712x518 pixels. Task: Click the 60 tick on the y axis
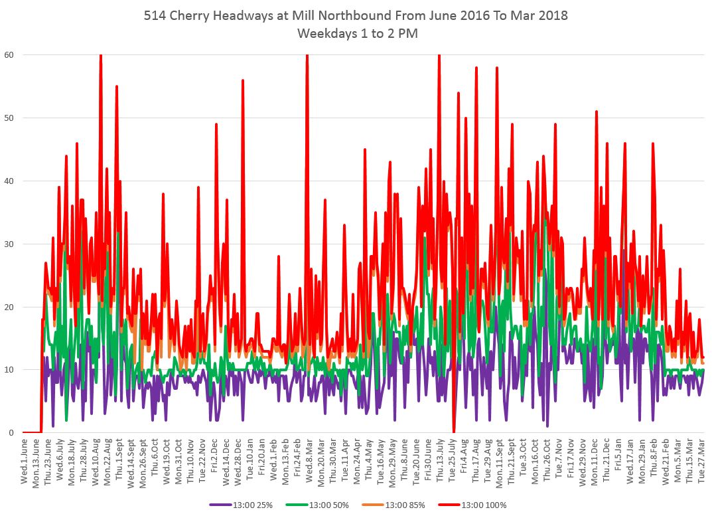9,54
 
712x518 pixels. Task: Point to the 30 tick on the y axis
9,244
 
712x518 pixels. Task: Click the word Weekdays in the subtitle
326,33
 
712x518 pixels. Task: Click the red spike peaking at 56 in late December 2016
243,80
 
